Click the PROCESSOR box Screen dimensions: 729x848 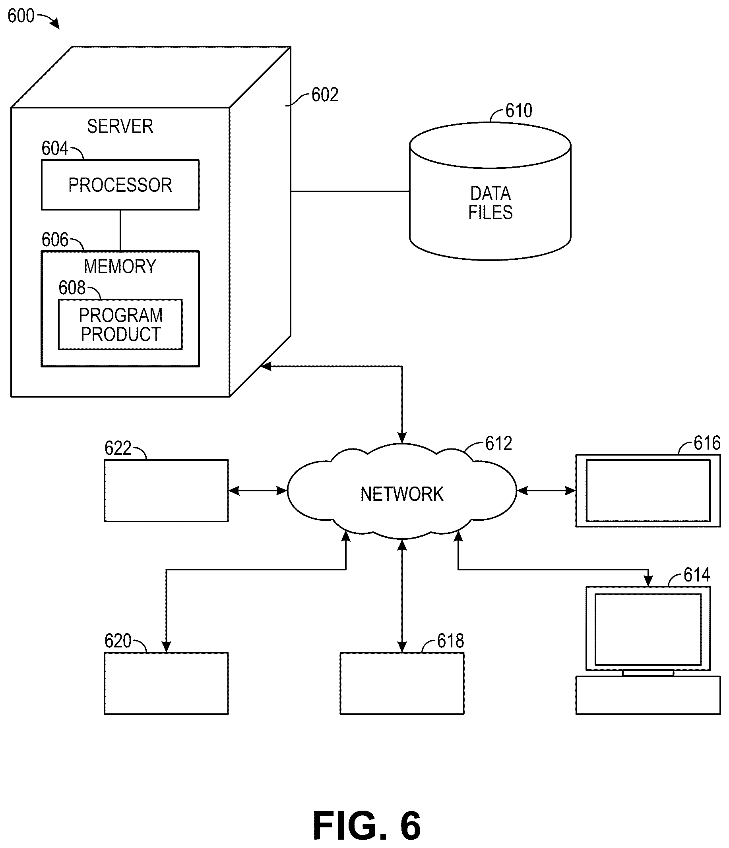click(x=120, y=185)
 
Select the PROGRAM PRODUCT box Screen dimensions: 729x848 click(x=120, y=324)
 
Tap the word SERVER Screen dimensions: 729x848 click(x=120, y=126)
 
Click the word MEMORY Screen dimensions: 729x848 click(x=120, y=267)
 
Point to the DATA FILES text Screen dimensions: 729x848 click(x=490, y=203)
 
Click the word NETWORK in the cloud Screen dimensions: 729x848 click(x=402, y=494)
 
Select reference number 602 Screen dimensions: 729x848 click(x=325, y=95)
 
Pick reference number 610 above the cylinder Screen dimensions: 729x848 click(x=518, y=110)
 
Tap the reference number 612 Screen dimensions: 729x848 click(x=498, y=443)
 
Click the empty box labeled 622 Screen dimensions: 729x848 click(x=166, y=490)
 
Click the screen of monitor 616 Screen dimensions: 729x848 click(x=648, y=490)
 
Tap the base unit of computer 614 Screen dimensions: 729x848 click(x=648, y=695)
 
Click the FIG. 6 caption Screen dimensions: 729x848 click(x=366, y=825)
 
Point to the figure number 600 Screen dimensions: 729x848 click(x=21, y=16)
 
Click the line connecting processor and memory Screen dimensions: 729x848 click(x=120, y=230)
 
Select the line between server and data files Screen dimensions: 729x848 click(x=350, y=191)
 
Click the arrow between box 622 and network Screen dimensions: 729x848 click(x=258, y=490)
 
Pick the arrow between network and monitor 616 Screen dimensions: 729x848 click(x=546, y=490)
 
